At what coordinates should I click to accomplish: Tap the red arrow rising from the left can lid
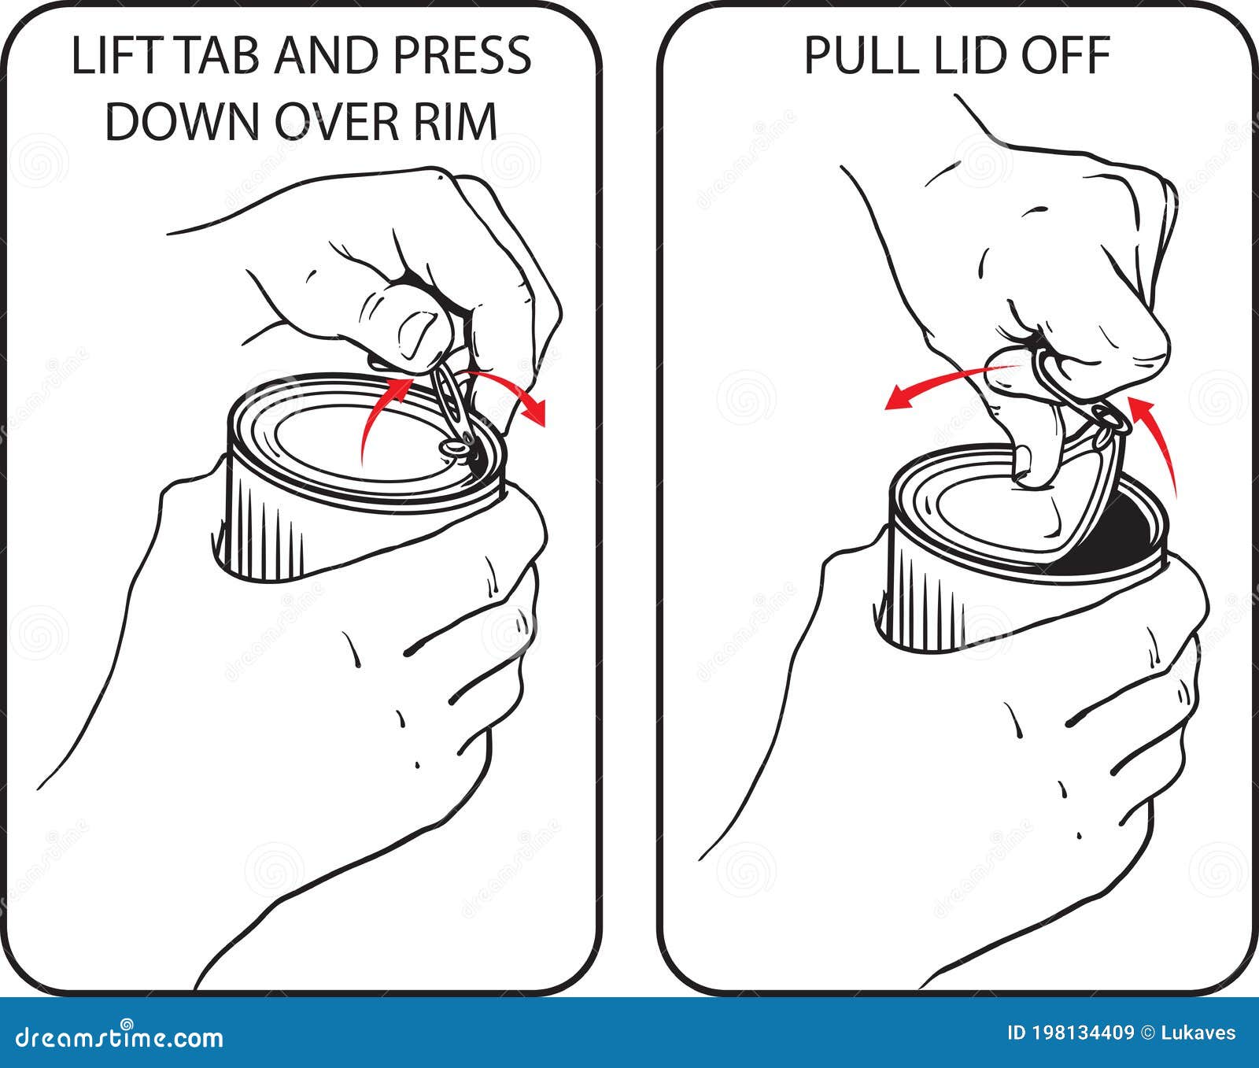[378, 413]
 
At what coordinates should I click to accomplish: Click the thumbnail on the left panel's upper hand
[418, 331]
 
